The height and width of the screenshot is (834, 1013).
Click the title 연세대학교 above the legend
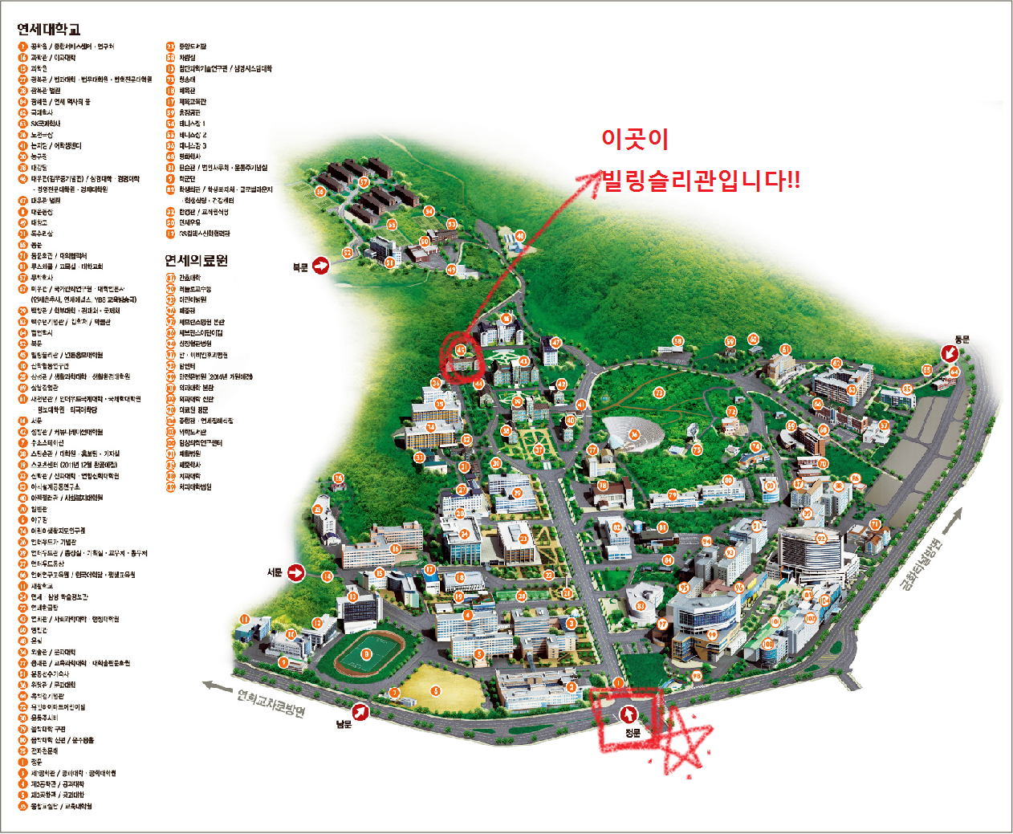(49, 30)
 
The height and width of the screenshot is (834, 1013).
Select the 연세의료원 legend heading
(197, 260)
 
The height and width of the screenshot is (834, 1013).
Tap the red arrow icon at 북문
(321, 266)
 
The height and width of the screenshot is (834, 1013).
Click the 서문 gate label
(275, 572)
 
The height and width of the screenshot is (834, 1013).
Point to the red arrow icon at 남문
(362, 710)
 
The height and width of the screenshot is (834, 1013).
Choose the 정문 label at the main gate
(633, 733)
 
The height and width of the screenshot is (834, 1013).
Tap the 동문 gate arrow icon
(950, 353)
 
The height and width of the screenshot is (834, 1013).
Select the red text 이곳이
(635, 139)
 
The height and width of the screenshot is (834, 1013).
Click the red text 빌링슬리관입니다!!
(702, 181)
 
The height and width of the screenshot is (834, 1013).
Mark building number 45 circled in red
(461, 350)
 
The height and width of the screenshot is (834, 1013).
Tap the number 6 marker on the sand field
(436, 690)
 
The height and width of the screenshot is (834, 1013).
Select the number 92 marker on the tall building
(821, 538)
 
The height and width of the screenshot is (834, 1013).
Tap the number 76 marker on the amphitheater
(634, 435)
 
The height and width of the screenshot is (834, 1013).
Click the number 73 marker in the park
(659, 393)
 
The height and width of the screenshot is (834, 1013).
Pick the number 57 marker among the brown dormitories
(364, 182)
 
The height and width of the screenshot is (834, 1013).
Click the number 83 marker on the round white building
(641, 606)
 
